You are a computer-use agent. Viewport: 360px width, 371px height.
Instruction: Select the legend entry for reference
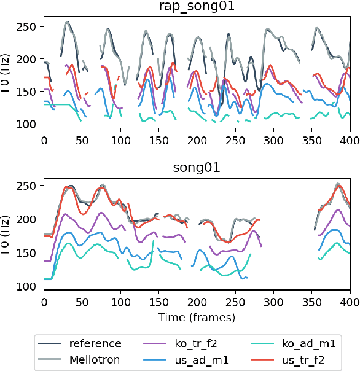(95, 344)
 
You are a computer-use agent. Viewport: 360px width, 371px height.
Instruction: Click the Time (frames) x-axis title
(197, 318)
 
